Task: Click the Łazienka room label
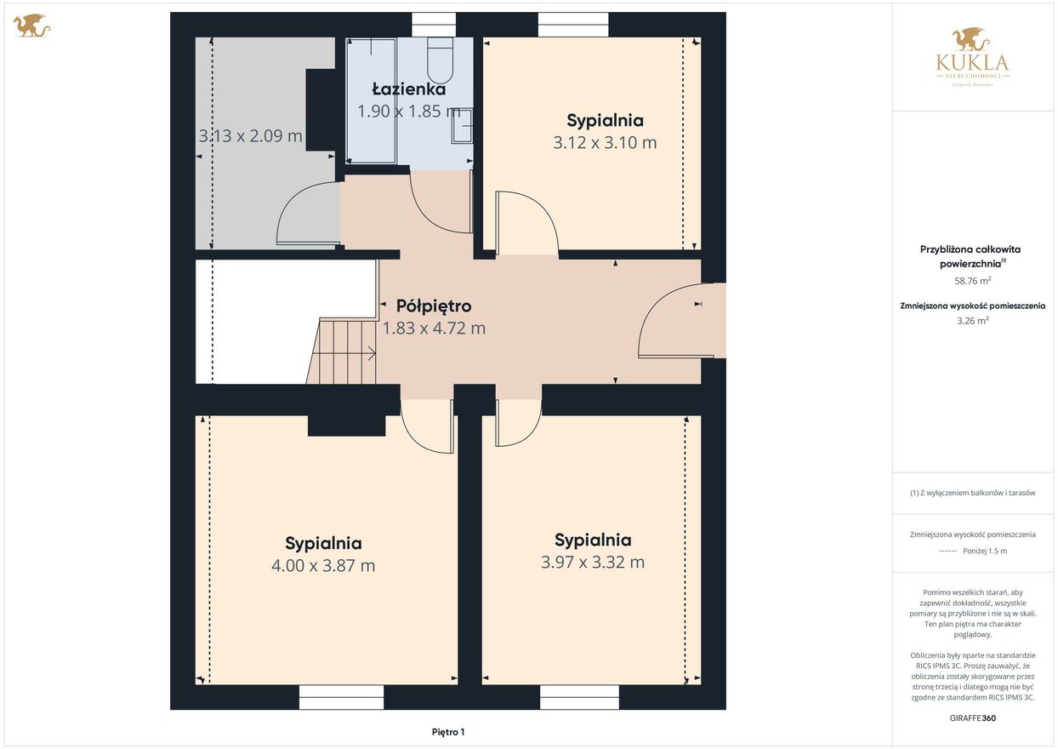tap(408, 89)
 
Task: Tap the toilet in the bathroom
tap(441, 61)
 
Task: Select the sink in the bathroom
tap(463, 126)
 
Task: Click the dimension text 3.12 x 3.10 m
tap(605, 142)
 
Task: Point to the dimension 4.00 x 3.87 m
tap(323, 565)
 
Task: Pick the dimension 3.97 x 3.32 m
tap(592, 562)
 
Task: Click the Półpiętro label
tap(434, 306)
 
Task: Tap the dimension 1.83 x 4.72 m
tap(434, 328)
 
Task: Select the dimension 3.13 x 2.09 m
tap(250, 135)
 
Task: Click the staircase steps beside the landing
tap(342, 352)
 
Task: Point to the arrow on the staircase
tap(344, 353)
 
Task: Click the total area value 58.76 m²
tap(972, 281)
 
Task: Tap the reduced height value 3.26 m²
tap(972, 321)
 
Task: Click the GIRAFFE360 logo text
tap(972, 718)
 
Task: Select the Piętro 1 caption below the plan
tap(448, 732)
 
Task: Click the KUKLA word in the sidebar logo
tap(972, 63)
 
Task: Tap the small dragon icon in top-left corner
tap(31, 26)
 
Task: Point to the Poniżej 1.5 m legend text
tap(985, 551)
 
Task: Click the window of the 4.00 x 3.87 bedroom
tap(342, 697)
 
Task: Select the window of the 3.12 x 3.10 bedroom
tap(573, 25)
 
